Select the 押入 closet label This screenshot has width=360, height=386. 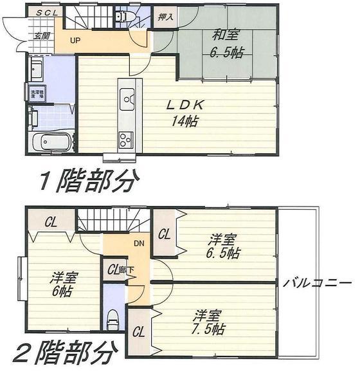point(165,17)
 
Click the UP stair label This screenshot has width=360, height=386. point(75,41)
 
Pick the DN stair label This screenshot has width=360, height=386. point(139,244)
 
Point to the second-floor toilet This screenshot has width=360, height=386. point(113,317)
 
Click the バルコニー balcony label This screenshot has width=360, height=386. point(317,283)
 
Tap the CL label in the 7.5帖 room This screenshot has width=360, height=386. point(138,333)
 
